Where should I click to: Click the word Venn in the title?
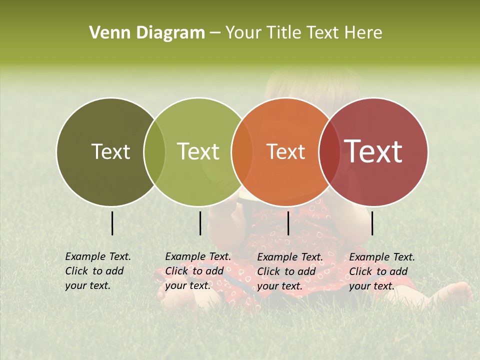[x=105, y=33]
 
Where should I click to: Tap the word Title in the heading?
[x=284, y=33]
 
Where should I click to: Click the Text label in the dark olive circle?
[x=110, y=151]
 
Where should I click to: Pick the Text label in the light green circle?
[x=198, y=151]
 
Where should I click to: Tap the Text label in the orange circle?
[x=285, y=151]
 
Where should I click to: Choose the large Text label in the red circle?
[x=373, y=151]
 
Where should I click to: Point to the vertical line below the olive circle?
[x=112, y=223]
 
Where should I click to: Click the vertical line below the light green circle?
[x=200, y=223]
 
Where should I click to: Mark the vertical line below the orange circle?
[x=288, y=223]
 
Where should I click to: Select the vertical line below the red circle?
[x=372, y=223]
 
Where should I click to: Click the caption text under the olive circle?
[x=97, y=271]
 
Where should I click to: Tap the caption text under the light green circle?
[x=197, y=271]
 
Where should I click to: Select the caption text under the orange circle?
[x=289, y=271]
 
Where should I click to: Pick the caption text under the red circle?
[x=381, y=271]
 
